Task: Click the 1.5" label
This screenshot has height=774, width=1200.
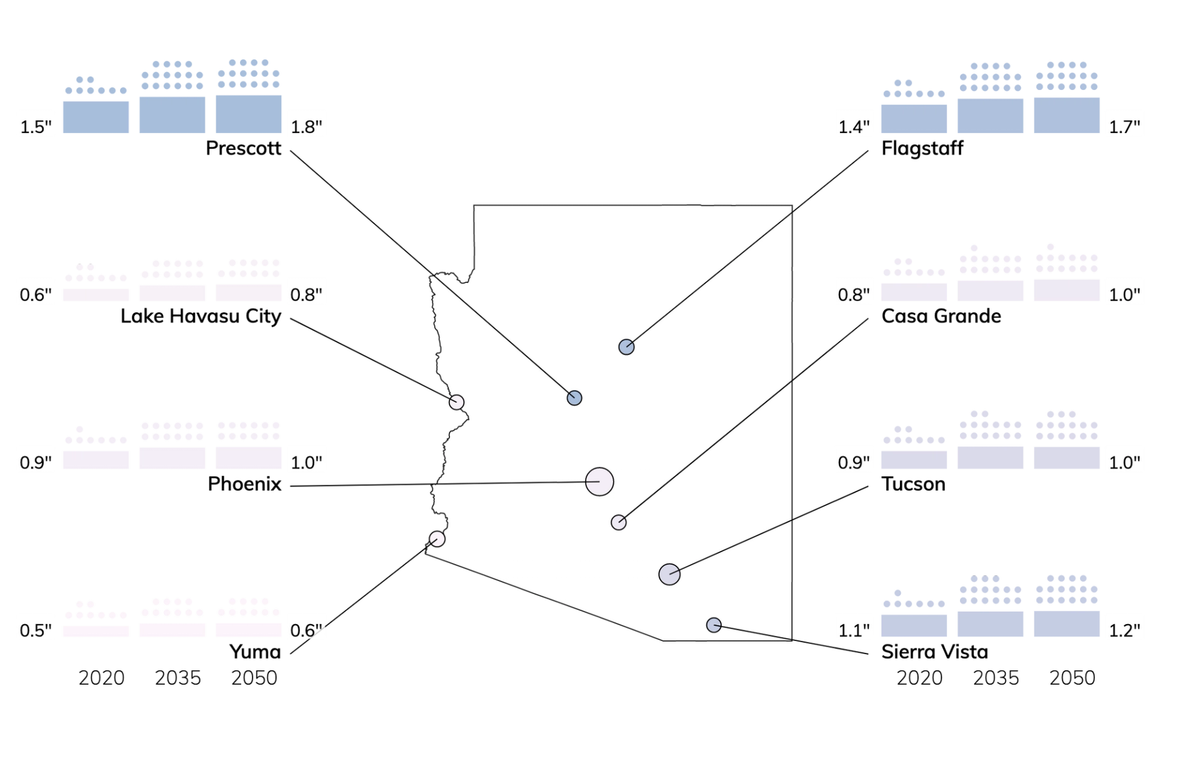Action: (x=36, y=127)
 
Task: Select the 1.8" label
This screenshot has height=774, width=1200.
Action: (x=305, y=127)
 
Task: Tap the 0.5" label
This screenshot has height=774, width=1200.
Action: (x=36, y=630)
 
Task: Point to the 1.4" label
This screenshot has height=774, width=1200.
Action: (x=854, y=127)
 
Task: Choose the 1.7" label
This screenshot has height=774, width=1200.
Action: (x=1124, y=127)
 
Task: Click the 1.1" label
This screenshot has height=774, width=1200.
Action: (x=854, y=630)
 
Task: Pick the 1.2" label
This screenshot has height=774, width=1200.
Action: (x=1124, y=630)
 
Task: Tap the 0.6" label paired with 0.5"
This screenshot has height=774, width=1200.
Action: (x=305, y=630)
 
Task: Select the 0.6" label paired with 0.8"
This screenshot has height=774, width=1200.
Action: (x=36, y=294)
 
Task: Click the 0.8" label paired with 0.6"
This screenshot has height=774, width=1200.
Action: (x=305, y=294)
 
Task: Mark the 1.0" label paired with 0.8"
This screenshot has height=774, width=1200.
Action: (x=1124, y=294)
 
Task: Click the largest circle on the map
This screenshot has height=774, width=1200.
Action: (x=599, y=482)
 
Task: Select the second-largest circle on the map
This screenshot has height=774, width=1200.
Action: (x=669, y=574)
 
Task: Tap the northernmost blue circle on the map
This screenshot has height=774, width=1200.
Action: (x=626, y=347)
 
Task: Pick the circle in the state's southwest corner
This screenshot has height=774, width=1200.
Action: (x=437, y=538)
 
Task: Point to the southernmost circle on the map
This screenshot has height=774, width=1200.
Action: (x=714, y=625)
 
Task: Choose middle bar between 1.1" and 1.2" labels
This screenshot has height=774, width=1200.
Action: (x=991, y=622)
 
